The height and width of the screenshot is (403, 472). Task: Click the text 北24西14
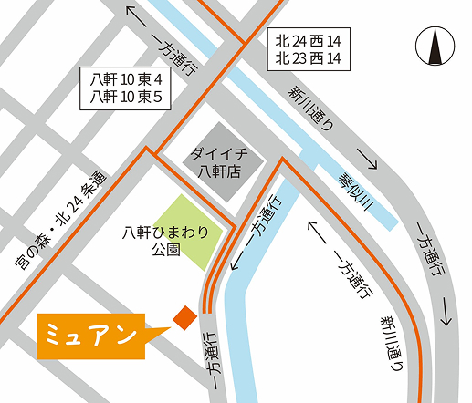pyautogui.click(x=311, y=40)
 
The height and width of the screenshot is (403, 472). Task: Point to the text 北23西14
pyautogui.click(x=311, y=58)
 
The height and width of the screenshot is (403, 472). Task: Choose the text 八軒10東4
pyautogui.click(x=125, y=79)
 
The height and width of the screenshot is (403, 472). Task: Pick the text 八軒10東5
pyautogui.click(x=125, y=97)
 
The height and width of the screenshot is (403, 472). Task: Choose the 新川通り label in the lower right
pyautogui.click(x=391, y=342)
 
